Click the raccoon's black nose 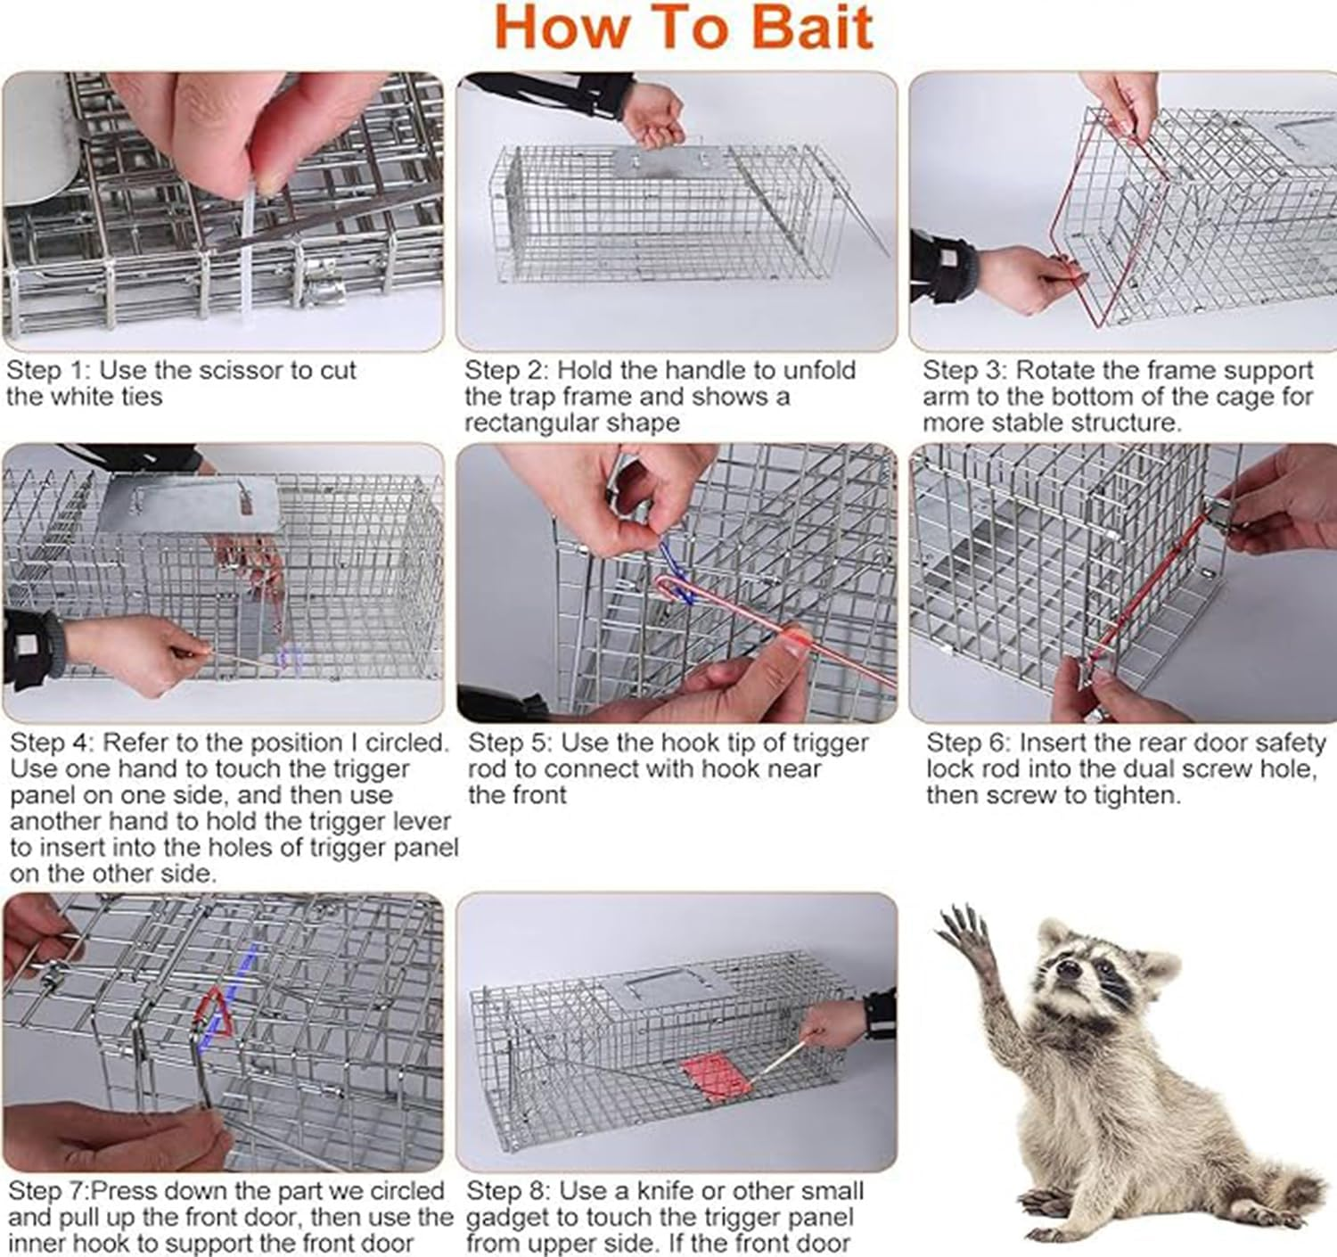pyautogui.click(x=1067, y=966)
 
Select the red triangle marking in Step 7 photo pyautogui.click(x=212, y=1014)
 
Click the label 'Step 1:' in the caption pyautogui.click(x=49, y=370)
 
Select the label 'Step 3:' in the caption pyautogui.click(x=965, y=370)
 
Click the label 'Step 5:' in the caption pyautogui.click(x=511, y=743)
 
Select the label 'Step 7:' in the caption pyautogui.click(x=49, y=1191)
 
